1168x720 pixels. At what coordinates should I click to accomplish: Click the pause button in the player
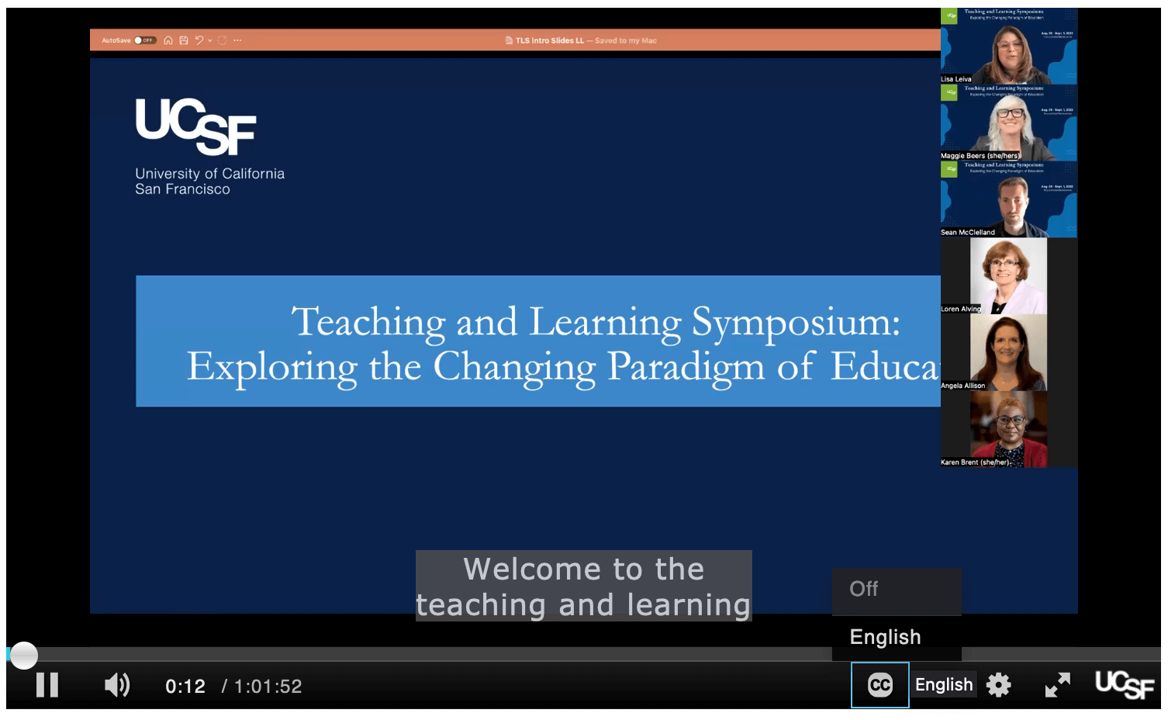[x=47, y=685]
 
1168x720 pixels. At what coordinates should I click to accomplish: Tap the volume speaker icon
[x=117, y=685]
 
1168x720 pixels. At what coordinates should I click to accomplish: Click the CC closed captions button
[x=879, y=685]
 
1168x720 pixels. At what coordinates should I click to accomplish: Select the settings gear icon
[x=998, y=685]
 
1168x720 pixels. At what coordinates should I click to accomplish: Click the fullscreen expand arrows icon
[x=1057, y=685]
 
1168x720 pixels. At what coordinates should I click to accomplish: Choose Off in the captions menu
[x=864, y=589]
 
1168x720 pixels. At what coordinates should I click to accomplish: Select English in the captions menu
[x=885, y=637]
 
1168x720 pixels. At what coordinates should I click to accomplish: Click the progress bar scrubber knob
[x=24, y=655]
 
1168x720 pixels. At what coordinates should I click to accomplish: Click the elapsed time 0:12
[x=185, y=687]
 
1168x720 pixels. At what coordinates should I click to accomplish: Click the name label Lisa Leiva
[x=955, y=79]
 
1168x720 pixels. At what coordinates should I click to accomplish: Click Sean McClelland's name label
[x=967, y=232]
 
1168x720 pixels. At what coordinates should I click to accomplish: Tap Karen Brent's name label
[x=975, y=462]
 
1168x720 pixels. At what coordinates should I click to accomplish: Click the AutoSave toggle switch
[x=144, y=40]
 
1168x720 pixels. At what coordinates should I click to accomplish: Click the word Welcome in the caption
[x=533, y=569]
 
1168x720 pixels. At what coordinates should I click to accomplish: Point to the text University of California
[x=209, y=174]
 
